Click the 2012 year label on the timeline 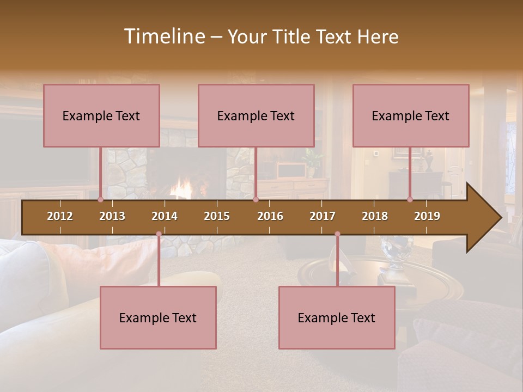point(60,216)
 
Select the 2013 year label point(112,216)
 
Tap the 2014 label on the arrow point(165,216)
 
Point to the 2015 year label point(217,216)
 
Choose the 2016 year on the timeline point(270,216)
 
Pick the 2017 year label point(323,216)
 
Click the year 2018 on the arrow point(375,216)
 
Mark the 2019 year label point(427,216)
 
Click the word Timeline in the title point(163,36)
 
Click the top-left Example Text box point(101,115)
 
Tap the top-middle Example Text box point(256,115)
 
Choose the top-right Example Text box point(411,115)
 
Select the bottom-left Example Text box point(158,318)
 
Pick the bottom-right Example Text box point(337,318)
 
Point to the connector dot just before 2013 point(100,199)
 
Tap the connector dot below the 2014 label point(159,234)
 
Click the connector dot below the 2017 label point(337,234)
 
